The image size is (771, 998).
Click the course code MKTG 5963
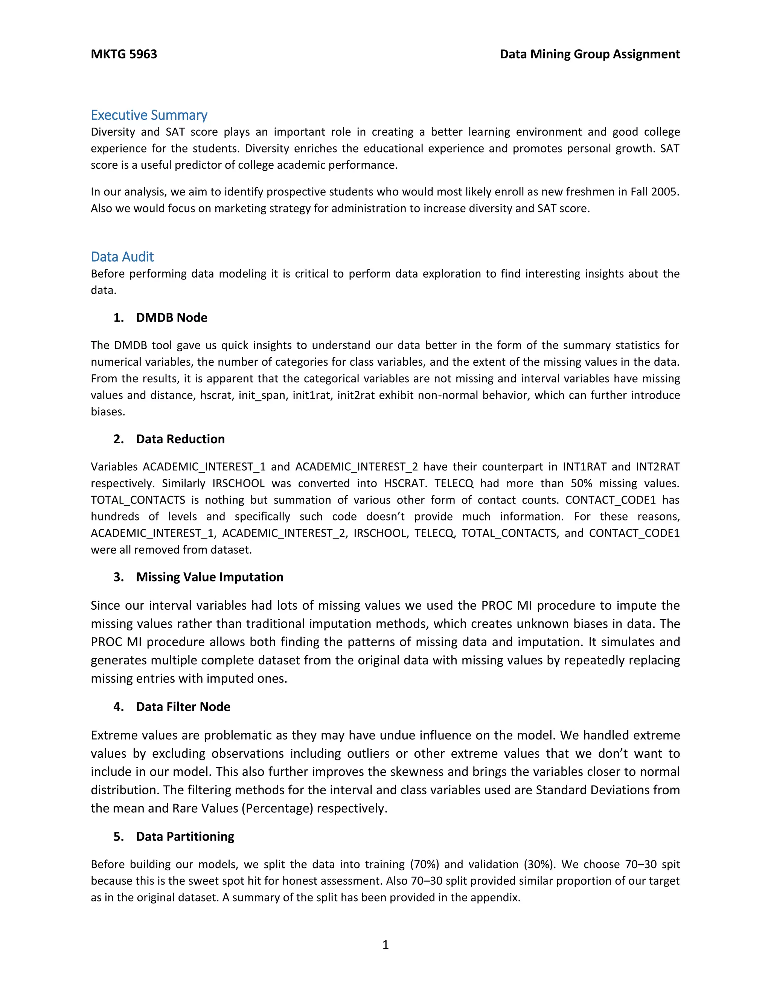pos(124,54)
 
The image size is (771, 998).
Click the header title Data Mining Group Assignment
pos(589,54)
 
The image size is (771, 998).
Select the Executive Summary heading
pos(149,115)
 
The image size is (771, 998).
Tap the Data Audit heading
pos(122,256)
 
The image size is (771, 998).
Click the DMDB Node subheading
pos(171,317)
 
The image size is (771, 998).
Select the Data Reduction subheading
pos(180,439)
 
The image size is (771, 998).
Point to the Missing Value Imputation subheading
pos(209,577)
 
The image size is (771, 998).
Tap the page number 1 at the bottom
pos(385,945)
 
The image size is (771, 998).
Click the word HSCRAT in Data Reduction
pos(405,483)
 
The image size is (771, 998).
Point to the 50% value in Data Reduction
pos(581,483)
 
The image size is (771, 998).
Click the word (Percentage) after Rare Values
pos(277,808)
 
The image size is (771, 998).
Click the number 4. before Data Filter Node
pos(118,707)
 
